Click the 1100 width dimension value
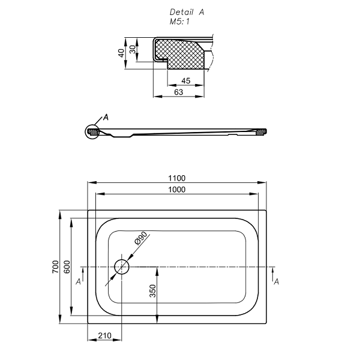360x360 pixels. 177,178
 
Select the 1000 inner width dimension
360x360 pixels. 177,190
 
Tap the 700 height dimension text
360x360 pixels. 55,267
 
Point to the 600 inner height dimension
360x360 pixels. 67,267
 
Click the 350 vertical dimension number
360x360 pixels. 152,291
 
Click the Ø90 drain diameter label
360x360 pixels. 140,239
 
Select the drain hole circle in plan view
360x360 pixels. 122,266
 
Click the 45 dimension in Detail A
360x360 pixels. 185,80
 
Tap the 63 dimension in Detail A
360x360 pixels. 178,92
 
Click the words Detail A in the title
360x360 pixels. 187,12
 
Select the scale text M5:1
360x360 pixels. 179,21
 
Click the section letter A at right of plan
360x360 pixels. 276,281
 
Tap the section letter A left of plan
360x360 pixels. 79,281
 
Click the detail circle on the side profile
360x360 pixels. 92,131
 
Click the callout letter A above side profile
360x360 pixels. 106,117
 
